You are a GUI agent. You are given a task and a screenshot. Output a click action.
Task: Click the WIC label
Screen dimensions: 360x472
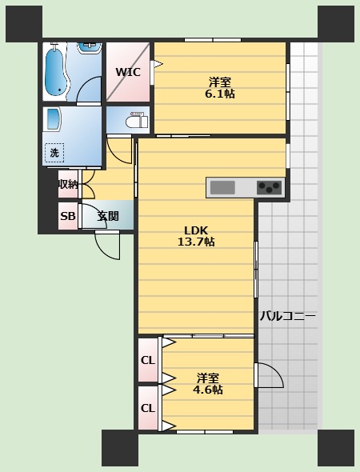point(128,72)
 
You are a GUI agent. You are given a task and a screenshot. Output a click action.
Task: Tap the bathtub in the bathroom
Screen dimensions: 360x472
point(54,70)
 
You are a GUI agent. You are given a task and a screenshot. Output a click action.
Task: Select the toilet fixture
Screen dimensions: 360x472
point(137,120)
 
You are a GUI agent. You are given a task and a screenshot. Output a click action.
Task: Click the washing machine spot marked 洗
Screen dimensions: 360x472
point(54,153)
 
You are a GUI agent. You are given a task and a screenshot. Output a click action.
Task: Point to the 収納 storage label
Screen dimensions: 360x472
point(68,184)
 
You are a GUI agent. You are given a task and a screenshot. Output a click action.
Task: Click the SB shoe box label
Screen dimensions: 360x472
point(68,216)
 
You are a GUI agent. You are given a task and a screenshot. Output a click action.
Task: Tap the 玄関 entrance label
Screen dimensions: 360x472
point(108,216)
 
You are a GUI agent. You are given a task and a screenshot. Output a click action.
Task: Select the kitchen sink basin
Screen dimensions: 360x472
point(222,187)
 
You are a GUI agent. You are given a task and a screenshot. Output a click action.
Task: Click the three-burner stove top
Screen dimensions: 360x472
point(270,187)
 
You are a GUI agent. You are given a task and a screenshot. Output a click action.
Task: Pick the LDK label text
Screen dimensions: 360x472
point(196,230)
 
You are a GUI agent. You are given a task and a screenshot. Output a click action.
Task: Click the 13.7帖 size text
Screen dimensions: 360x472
point(196,242)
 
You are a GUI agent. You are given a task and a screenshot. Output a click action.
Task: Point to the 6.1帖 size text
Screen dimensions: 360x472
point(220,94)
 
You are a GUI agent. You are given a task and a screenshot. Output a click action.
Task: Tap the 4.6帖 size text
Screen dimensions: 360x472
point(208,390)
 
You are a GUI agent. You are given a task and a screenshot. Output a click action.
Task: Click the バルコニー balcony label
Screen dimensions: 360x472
point(288,316)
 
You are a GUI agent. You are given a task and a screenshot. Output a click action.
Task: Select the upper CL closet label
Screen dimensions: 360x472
point(148,360)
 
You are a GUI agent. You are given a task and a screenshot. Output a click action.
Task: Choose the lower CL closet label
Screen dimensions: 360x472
point(148,408)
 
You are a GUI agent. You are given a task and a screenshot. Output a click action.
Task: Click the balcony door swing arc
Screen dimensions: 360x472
point(276,370)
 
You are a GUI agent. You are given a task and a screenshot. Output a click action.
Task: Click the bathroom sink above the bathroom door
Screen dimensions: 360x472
point(90,48)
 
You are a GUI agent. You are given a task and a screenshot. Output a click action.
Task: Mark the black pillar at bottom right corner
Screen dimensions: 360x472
point(336,448)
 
